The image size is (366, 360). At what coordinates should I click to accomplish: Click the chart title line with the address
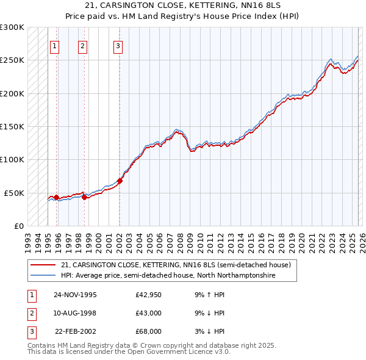[183, 5]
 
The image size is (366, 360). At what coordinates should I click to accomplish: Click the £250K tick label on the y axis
[12, 60]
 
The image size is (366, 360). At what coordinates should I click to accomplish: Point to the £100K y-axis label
[12, 159]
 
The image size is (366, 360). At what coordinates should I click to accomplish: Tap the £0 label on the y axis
[19, 226]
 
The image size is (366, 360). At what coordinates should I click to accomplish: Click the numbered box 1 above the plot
[54, 45]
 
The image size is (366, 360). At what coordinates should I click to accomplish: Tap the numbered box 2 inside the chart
[82, 45]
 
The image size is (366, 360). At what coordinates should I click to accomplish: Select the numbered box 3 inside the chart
[118, 45]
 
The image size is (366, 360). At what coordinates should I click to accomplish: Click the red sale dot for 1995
[56, 197]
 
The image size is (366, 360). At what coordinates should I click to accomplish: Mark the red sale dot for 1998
[84, 197]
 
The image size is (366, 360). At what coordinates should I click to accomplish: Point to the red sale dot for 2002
[120, 181]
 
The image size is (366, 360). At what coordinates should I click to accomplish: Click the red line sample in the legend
[44, 265]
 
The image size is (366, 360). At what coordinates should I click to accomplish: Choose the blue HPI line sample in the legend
[44, 276]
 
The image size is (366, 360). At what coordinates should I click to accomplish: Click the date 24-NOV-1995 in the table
[75, 295]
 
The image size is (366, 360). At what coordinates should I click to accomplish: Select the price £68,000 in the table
[148, 331]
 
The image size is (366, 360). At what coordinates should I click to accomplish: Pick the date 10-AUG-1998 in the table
[75, 313]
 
